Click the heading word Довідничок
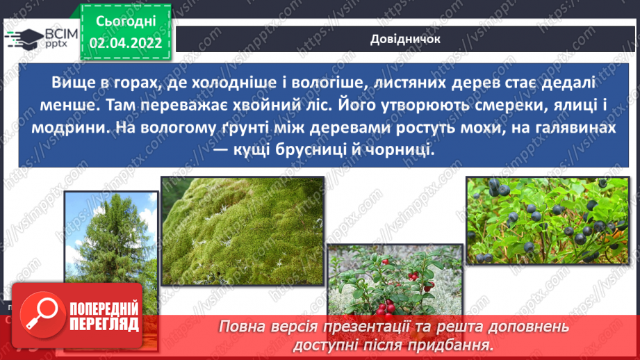[x=405, y=39]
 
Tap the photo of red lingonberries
[x=394, y=278]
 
